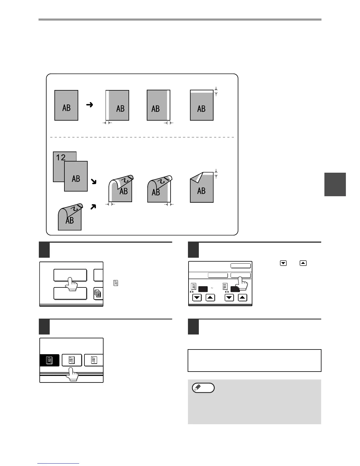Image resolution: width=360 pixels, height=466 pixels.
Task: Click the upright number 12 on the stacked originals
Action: pyautogui.click(x=61, y=157)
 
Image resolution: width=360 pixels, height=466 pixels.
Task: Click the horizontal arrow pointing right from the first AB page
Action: pyautogui.click(x=90, y=104)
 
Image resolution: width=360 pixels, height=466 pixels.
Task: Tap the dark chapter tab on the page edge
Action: pyautogui.click(x=335, y=184)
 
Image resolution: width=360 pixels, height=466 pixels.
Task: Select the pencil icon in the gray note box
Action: pyautogui.click(x=203, y=388)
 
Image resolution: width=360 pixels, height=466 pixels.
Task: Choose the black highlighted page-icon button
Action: pyautogui.click(x=49, y=360)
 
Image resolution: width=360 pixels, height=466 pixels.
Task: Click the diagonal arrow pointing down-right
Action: pyautogui.click(x=94, y=182)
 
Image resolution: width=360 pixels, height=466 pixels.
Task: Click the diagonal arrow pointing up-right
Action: pyautogui.click(x=93, y=207)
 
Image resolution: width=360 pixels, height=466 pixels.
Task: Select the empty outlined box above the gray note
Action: pyautogui.click(x=254, y=360)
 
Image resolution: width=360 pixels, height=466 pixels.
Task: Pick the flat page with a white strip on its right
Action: pyautogui.click(x=159, y=105)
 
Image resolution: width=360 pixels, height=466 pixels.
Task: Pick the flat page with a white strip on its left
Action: pyautogui.click(x=117, y=105)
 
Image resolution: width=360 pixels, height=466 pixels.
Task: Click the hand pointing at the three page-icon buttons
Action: pyautogui.click(x=72, y=375)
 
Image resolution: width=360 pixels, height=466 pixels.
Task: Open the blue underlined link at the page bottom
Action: pyautogui.click(x=59, y=464)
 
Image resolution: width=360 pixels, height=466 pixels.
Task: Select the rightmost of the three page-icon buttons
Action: pyautogui.click(x=94, y=360)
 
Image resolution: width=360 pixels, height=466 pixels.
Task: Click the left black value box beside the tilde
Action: pyautogui.click(x=203, y=289)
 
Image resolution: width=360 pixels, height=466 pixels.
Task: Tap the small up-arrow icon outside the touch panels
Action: pyautogui.click(x=303, y=263)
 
